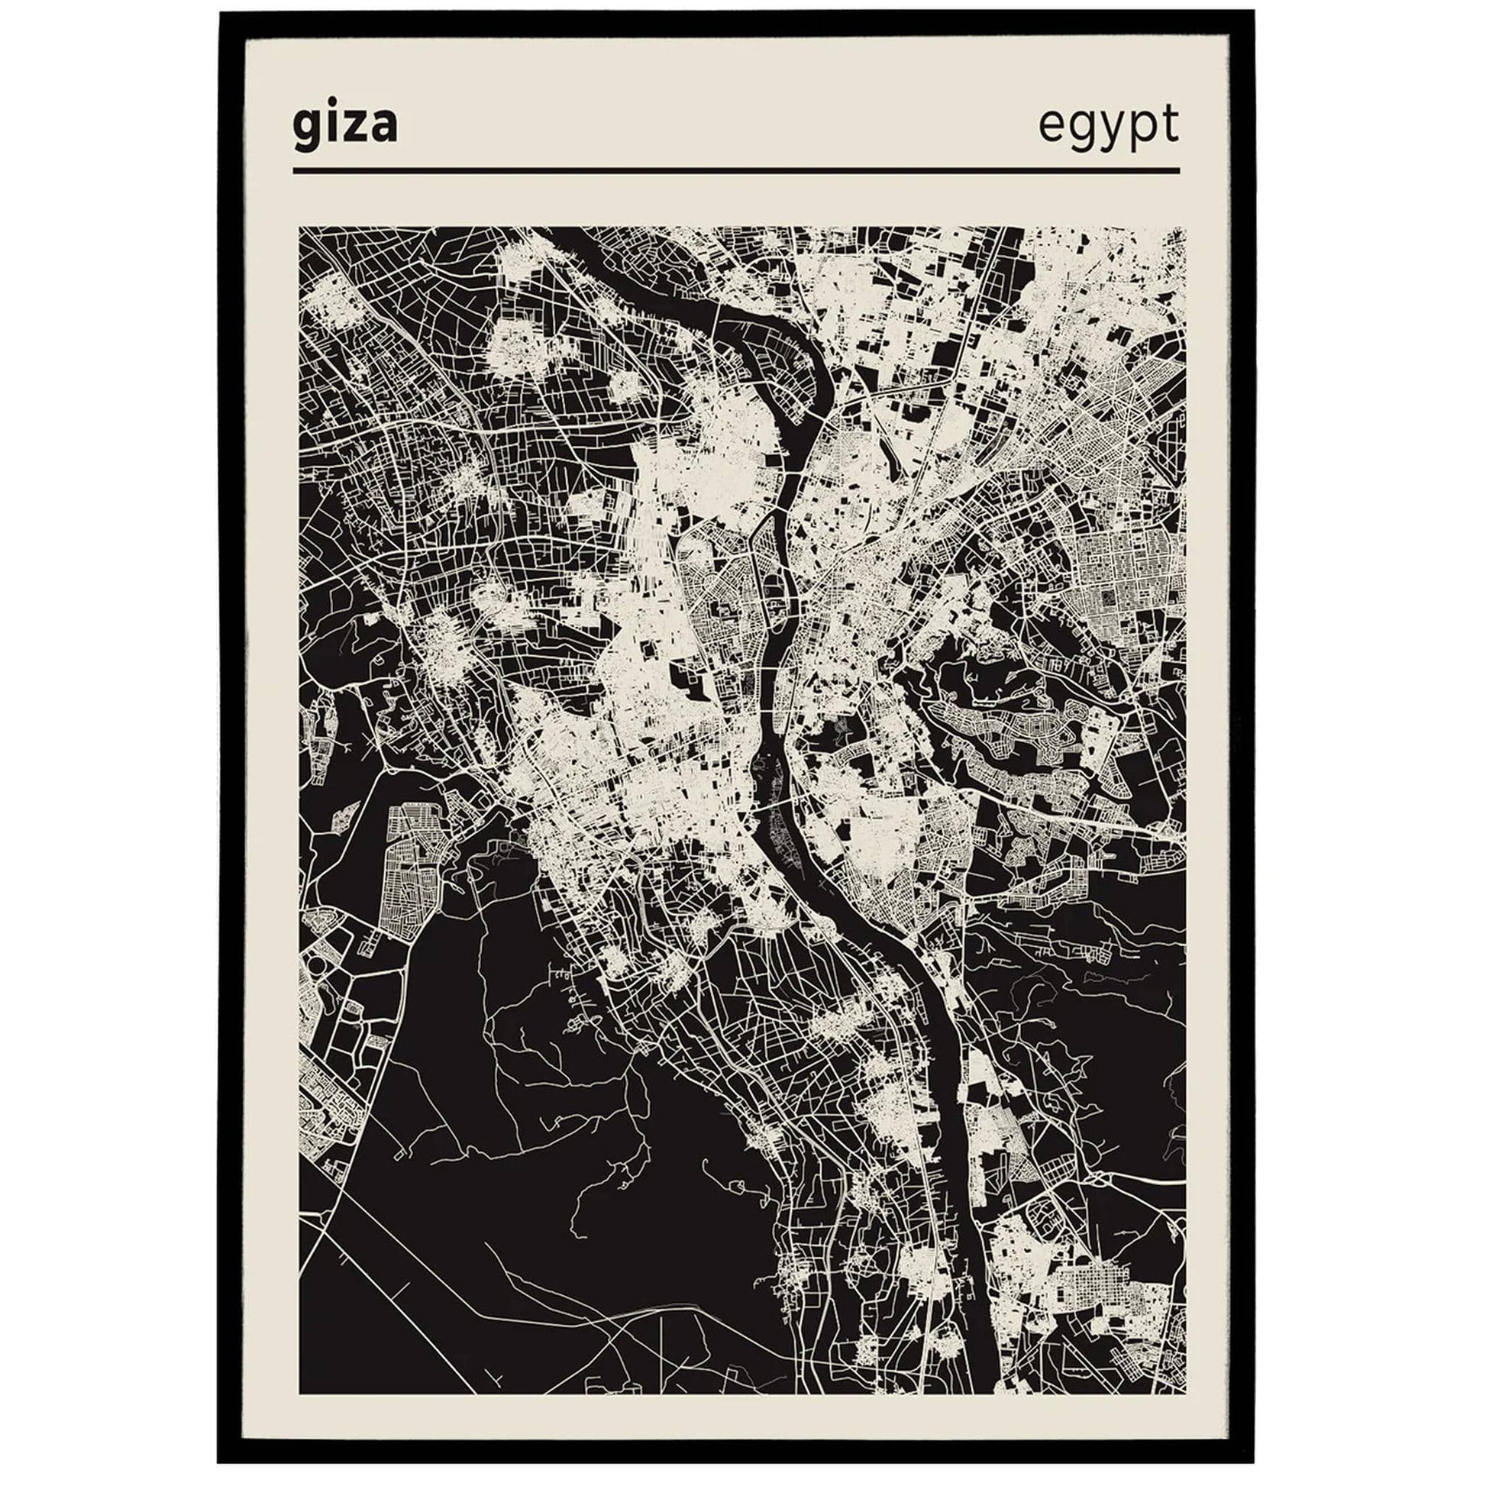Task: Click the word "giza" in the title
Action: pos(344,127)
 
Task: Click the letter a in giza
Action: pos(383,129)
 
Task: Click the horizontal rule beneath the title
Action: pos(735,171)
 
